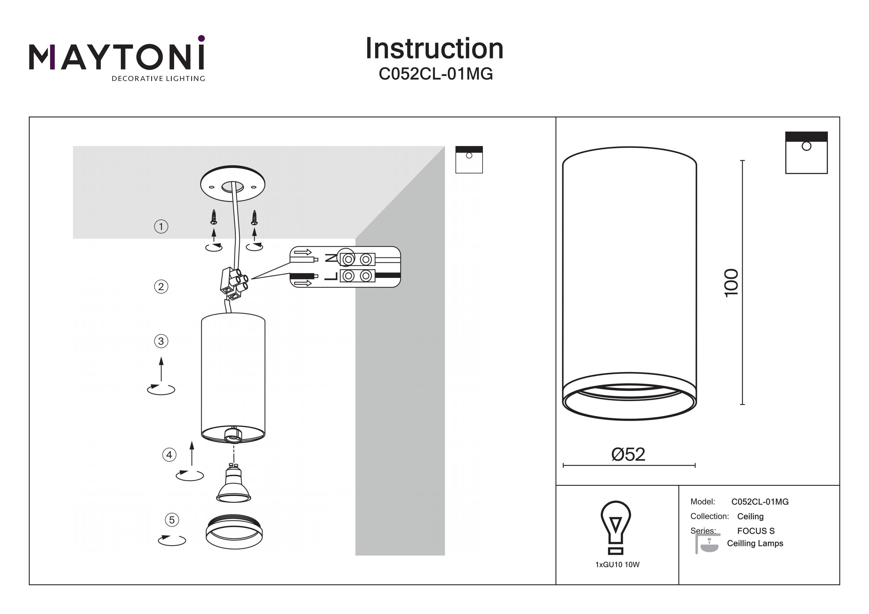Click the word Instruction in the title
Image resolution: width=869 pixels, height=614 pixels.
point(434,49)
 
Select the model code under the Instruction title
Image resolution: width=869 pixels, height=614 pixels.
point(436,74)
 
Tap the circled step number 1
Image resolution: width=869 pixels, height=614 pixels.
point(161,227)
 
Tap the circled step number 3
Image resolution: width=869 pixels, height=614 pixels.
point(161,341)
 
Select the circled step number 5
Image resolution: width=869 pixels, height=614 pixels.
point(172,520)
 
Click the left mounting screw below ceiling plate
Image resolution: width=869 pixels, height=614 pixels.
point(214,217)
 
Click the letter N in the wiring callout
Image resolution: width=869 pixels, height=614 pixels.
point(331,259)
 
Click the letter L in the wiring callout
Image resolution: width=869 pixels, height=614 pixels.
point(331,276)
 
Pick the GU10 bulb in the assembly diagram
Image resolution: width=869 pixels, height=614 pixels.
point(233,485)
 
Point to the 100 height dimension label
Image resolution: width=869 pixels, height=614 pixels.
point(731,283)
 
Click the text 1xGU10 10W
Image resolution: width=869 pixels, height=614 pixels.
point(617,565)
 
